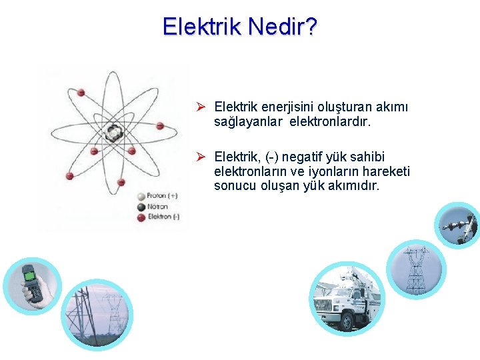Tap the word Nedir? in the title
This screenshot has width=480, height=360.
click(283, 27)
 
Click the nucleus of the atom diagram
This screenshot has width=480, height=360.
click(114, 131)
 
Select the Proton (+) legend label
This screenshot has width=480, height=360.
click(162, 196)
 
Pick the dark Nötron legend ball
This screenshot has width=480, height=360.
click(141, 207)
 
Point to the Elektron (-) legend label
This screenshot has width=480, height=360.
click(163, 217)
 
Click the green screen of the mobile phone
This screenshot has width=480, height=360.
click(29, 273)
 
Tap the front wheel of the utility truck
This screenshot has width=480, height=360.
click(345, 323)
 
